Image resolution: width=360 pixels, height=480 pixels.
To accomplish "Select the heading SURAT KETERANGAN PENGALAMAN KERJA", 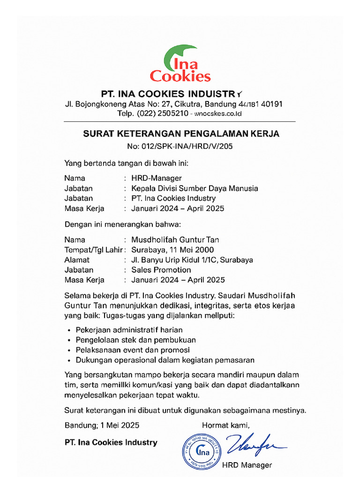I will (181, 134).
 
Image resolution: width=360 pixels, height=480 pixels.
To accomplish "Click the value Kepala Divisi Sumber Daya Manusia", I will (195, 188).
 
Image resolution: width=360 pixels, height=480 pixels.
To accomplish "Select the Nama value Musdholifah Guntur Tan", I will (175, 240).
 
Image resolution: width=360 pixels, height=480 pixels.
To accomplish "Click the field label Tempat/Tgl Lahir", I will (93, 250).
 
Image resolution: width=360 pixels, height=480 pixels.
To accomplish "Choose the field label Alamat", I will (77, 260).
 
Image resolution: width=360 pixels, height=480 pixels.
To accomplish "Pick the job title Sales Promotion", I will (161, 270).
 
